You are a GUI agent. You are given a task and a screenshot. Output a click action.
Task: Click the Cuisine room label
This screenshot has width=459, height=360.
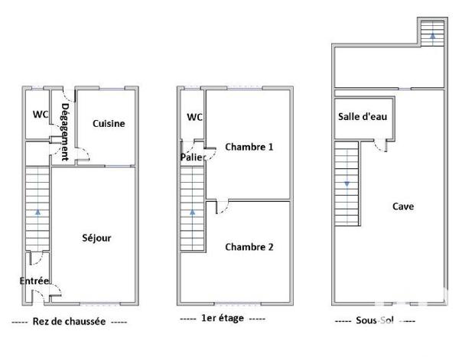[109, 123]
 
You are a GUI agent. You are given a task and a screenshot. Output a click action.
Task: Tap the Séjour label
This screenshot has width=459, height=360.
[96, 238]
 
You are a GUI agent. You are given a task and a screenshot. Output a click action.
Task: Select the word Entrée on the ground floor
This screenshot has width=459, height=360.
[34, 281]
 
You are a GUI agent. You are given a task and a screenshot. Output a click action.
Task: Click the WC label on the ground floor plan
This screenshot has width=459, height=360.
[41, 115]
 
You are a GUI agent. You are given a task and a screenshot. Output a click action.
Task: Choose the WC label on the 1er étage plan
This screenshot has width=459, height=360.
[194, 117]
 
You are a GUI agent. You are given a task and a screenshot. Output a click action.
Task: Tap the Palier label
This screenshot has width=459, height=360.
[190, 157]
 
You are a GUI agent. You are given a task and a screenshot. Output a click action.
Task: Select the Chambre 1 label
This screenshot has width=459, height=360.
[249, 146]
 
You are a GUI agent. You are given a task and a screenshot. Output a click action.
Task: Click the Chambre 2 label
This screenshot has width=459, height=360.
[249, 247]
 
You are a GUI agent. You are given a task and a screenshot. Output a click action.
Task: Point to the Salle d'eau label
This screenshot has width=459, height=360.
[363, 117]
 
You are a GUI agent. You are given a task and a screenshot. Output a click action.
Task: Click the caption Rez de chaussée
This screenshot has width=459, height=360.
[70, 322]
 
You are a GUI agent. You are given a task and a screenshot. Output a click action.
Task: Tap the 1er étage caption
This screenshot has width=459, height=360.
[222, 318]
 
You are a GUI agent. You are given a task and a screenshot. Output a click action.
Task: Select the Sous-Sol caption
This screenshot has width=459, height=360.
[376, 321]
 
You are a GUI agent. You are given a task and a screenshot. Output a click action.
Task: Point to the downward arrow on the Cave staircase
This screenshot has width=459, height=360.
[347, 183]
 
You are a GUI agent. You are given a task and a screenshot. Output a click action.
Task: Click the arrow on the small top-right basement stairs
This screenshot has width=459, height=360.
[432, 34]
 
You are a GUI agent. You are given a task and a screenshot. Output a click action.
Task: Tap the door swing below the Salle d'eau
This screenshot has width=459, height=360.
[382, 147]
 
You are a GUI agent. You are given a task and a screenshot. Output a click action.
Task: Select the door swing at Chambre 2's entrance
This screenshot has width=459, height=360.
[222, 206]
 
